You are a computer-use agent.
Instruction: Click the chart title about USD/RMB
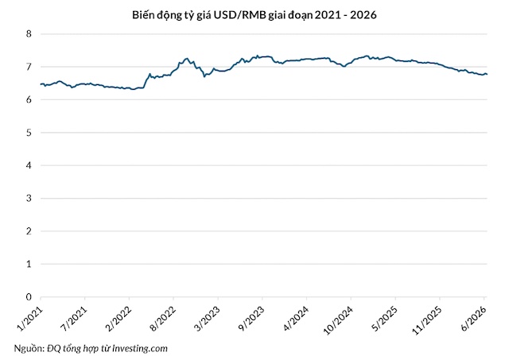click(254, 15)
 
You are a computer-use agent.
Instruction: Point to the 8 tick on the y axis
click(29, 33)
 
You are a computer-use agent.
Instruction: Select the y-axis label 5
click(29, 133)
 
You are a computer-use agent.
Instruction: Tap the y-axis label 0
click(29, 296)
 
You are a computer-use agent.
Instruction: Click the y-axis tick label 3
click(29, 198)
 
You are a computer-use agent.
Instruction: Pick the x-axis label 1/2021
click(30, 319)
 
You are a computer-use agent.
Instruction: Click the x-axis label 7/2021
click(74, 319)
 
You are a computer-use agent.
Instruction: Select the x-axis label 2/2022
click(119, 319)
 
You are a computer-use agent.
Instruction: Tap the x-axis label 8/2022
click(163, 319)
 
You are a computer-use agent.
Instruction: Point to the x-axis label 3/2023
click(207, 319)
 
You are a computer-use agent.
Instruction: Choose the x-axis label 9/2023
click(251, 319)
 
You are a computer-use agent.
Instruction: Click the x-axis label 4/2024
click(296, 319)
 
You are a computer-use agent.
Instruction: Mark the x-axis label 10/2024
click(338, 321)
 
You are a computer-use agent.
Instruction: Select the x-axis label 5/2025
click(385, 319)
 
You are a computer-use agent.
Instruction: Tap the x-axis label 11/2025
click(427, 321)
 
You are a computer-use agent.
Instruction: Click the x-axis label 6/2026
click(474, 319)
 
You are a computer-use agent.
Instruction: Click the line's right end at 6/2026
click(488, 74)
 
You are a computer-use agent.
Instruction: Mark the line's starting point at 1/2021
click(41, 84)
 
